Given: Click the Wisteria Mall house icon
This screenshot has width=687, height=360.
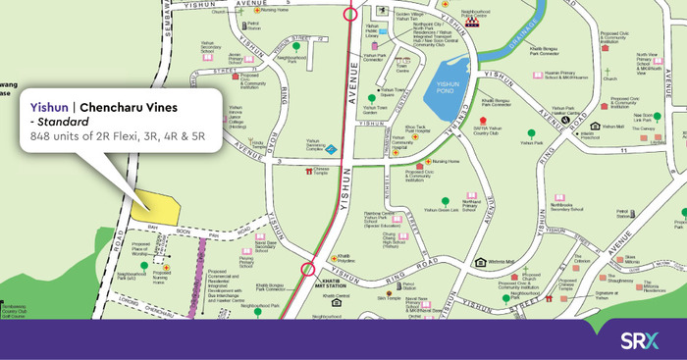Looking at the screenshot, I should (x=481, y=262).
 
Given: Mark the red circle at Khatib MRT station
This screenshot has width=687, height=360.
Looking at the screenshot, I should (x=308, y=267).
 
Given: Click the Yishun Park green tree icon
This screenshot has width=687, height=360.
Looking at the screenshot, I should (x=531, y=132).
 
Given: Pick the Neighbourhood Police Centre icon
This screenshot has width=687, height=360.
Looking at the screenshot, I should (x=475, y=20).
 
